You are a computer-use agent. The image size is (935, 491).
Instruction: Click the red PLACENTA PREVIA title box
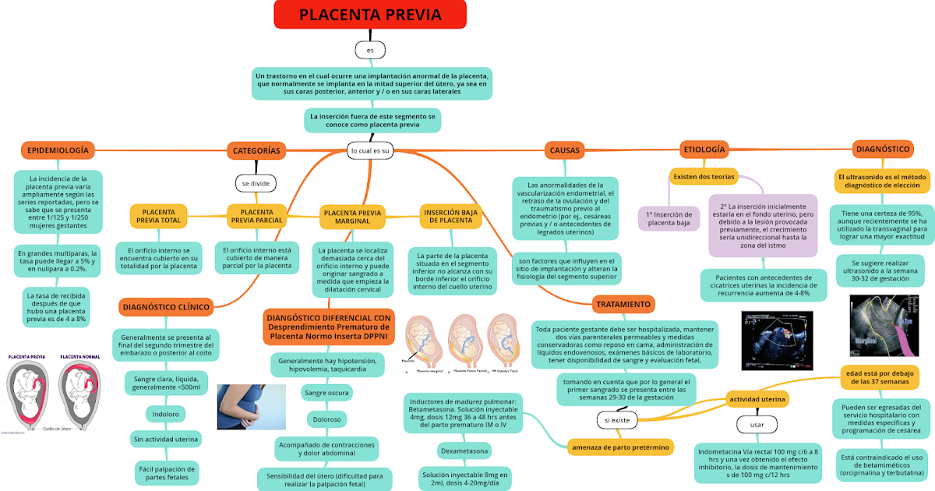click(x=370, y=15)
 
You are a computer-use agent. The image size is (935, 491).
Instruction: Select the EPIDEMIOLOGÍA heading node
click(x=58, y=150)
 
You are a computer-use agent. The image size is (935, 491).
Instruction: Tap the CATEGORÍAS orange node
click(x=256, y=150)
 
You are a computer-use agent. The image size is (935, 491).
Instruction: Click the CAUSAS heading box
click(x=565, y=150)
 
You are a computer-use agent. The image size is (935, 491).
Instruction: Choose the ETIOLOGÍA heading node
click(x=704, y=149)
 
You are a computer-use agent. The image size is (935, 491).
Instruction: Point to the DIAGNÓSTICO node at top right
click(x=883, y=149)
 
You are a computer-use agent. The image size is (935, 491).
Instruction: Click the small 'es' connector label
click(x=370, y=50)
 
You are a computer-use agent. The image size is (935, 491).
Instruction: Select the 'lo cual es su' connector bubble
click(x=371, y=150)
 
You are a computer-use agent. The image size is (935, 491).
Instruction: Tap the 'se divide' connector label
click(x=256, y=183)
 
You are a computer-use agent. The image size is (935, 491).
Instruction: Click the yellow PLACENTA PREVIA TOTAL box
click(x=159, y=216)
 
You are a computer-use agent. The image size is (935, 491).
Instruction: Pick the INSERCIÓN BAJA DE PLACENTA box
click(x=450, y=216)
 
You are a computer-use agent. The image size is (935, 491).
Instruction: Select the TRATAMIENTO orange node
click(x=623, y=304)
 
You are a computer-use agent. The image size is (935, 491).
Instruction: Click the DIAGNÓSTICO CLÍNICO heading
click(x=167, y=307)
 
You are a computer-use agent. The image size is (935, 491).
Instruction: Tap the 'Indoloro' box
click(x=166, y=413)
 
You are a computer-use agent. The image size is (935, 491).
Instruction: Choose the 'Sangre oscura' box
click(x=326, y=394)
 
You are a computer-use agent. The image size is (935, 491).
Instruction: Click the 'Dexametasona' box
click(x=463, y=451)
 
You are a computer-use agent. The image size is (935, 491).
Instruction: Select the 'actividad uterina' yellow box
click(x=757, y=400)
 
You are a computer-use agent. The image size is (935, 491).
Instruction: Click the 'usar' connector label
click(x=757, y=425)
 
